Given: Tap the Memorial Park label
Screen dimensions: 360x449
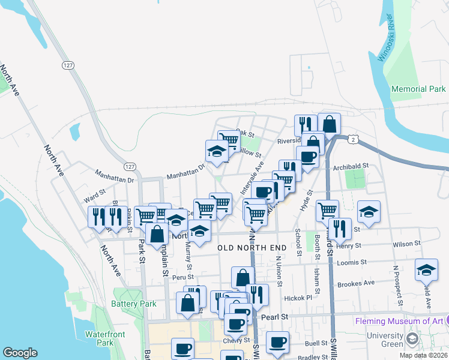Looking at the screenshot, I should point(418,89).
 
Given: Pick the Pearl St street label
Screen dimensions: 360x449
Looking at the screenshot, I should point(276,316).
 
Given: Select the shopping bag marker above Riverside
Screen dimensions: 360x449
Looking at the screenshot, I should point(329,124).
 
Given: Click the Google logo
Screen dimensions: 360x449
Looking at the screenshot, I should point(20,353).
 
